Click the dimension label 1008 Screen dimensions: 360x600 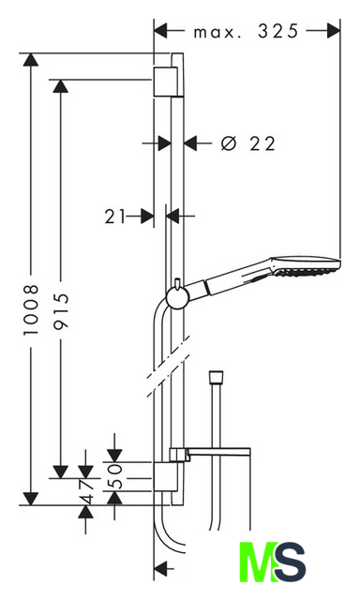point(31,309)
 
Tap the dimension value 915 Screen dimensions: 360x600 point(60,310)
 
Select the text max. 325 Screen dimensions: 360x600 point(246,31)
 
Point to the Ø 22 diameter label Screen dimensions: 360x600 point(247,143)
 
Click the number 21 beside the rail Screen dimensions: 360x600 point(115,217)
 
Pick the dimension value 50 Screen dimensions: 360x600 point(114,476)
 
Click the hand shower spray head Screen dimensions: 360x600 point(306,265)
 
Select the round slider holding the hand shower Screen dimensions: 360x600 point(176,297)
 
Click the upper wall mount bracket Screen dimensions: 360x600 point(166,82)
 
